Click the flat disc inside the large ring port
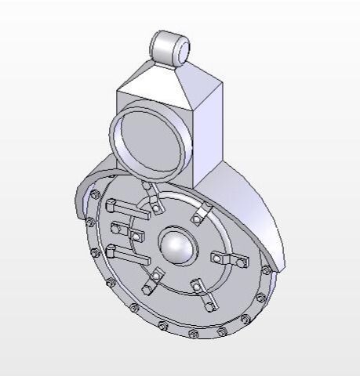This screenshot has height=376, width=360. coord(151,142)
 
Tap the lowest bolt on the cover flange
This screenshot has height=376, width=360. coord(191,334)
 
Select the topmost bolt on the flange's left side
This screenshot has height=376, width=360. coord(95,194)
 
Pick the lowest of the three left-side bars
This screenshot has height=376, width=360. coord(129,255)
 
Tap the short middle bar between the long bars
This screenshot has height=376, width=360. coord(122,230)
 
